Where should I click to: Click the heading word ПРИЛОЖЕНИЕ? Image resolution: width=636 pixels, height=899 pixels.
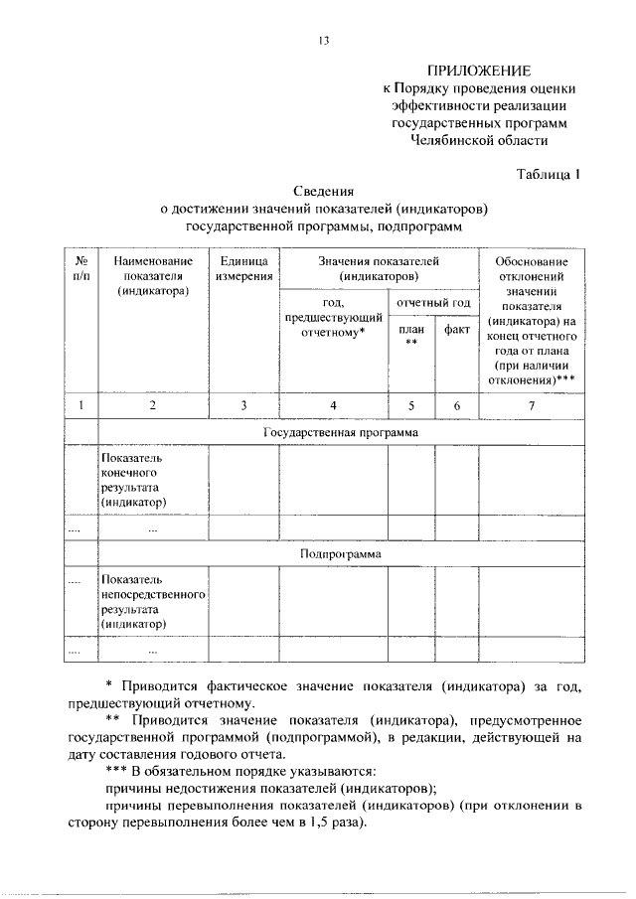point(479,71)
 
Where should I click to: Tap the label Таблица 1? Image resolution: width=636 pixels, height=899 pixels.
point(548,174)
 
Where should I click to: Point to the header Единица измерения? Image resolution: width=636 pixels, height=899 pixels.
point(243,267)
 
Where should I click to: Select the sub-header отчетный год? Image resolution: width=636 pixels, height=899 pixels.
point(432,302)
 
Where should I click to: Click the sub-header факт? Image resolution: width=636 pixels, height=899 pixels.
point(457,330)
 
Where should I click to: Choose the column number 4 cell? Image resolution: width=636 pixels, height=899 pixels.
point(333,404)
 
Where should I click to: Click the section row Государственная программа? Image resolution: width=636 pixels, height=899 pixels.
point(340,432)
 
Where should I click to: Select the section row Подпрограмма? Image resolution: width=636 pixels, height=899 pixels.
point(341,553)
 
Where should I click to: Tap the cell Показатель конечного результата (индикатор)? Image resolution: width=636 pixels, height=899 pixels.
point(138,481)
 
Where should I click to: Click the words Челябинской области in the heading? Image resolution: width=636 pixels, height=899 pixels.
point(479,142)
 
